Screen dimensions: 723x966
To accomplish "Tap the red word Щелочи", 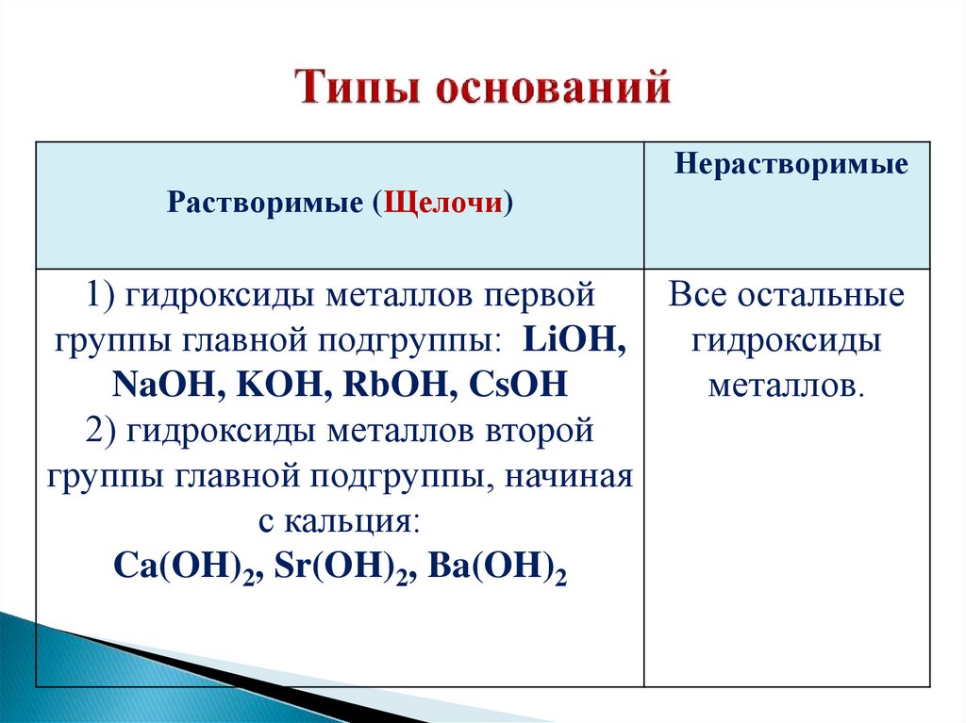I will pyautogui.click(x=441, y=203).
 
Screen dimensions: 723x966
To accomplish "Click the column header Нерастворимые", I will pyautogui.click(x=791, y=164).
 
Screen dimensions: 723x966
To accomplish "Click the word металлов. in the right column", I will pyautogui.click(x=786, y=386).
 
